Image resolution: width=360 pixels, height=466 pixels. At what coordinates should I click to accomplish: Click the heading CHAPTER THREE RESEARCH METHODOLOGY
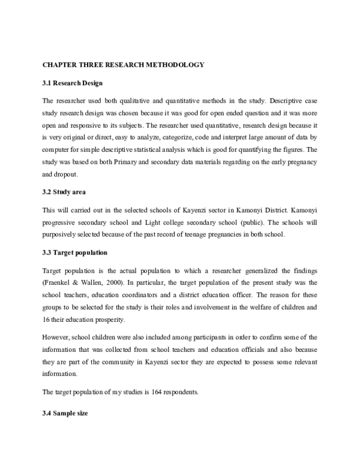[123, 64]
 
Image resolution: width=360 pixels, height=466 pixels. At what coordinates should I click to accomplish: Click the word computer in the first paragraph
[57, 150]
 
